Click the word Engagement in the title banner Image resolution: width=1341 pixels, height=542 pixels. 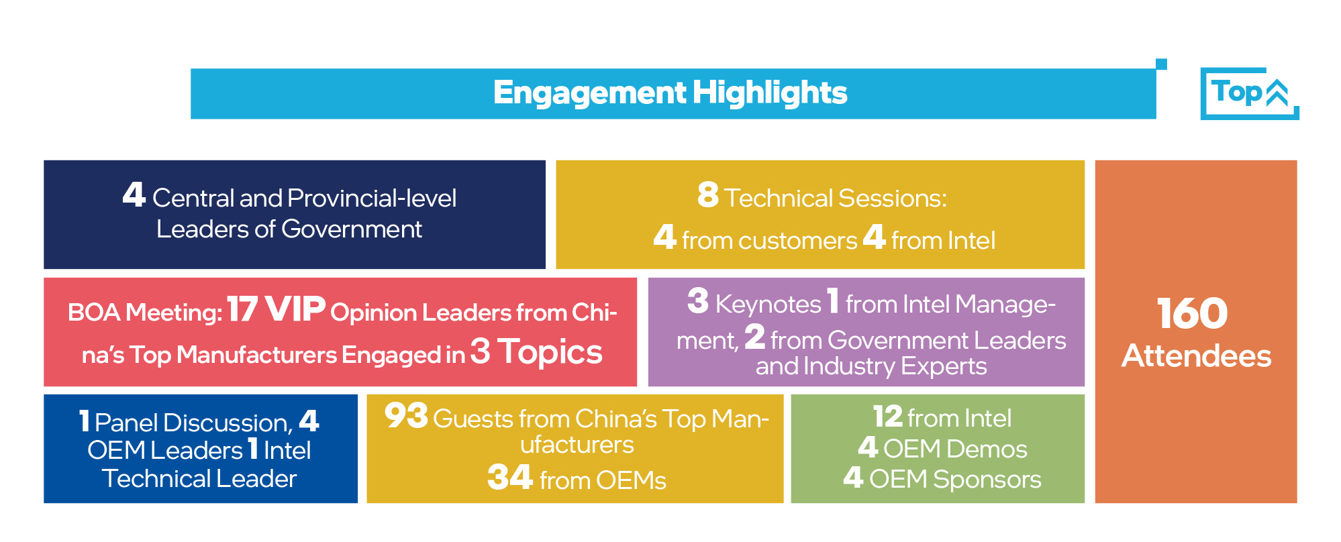(590, 93)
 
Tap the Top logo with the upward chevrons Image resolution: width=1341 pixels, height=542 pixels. (1250, 93)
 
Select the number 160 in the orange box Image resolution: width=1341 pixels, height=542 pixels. (1193, 313)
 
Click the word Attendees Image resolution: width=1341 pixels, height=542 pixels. (1196, 356)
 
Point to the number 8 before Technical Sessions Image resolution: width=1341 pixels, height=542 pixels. (708, 195)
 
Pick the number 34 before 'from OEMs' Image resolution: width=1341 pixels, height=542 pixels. (510, 478)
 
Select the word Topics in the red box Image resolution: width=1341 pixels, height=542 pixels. (550, 353)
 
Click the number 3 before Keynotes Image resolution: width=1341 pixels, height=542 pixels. (698, 301)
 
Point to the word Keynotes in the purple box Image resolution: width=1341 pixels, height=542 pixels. (768, 305)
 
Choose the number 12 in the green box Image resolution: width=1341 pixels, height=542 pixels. (887, 417)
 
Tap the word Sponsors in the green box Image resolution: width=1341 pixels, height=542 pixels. (987, 480)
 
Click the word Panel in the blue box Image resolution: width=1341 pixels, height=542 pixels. (126, 423)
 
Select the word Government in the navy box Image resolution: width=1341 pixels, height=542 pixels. (352, 229)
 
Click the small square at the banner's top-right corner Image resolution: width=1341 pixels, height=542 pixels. (1162, 64)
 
